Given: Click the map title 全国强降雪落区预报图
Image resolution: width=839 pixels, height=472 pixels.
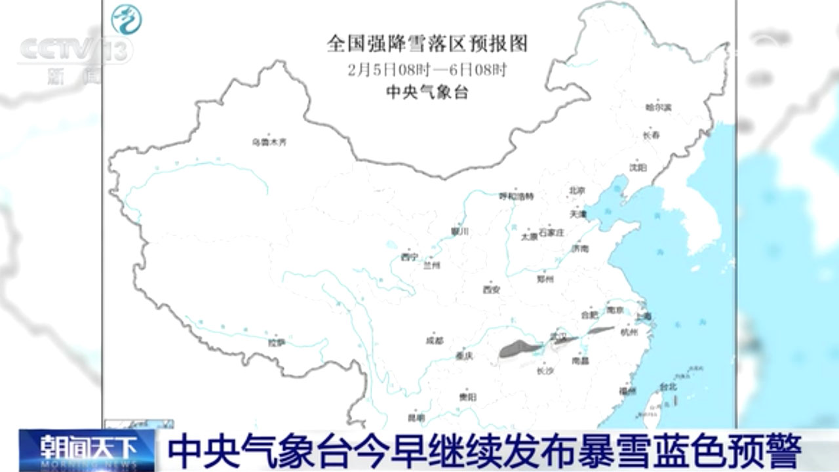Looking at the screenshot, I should click(x=427, y=44).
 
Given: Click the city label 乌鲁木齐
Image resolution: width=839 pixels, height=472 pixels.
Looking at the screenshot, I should click(x=269, y=142).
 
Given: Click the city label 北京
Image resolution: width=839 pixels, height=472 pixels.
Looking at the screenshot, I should click(x=576, y=191).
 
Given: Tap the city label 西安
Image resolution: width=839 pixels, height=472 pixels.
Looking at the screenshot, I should click(x=492, y=289).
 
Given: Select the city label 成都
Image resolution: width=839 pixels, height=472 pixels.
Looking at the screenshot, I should click(x=435, y=340).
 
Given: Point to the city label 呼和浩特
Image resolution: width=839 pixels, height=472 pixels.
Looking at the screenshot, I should click(x=517, y=196).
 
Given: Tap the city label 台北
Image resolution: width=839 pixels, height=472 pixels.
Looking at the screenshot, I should click(x=668, y=387).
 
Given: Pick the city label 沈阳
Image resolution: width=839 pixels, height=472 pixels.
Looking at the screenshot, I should click(x=638, y=167).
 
